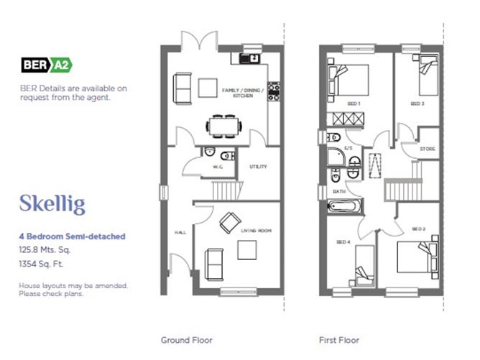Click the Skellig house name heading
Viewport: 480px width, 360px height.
(x=52, y=204)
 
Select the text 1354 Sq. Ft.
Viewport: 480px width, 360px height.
(x=41, y=264)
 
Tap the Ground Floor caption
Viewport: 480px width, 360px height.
(x=186, y=340)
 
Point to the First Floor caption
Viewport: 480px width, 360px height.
(x=339, y=340)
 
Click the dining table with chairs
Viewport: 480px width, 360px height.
(x=223, y=126)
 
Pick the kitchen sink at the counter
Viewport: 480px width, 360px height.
(x=249, y=58)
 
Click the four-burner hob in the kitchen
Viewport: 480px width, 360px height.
(x=274, y=91)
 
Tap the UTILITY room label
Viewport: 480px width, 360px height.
(x=258, y=167)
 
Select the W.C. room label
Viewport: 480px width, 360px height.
(x=218, y=167)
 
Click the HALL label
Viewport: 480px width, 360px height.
(x=180, y=233)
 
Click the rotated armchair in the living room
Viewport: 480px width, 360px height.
(x=230, y=223)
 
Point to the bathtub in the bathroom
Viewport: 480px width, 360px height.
(x=343, y=206)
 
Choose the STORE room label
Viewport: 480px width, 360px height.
(x=428, y=149)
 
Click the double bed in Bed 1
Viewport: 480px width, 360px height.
(x=348, y=81)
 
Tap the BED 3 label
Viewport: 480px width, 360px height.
(x=417, y=103)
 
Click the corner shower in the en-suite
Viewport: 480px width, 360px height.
(x=336, y=157)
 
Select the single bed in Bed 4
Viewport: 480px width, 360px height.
(x=364, y=265)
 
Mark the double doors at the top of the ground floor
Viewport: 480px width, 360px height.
(x=200, y=40)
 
